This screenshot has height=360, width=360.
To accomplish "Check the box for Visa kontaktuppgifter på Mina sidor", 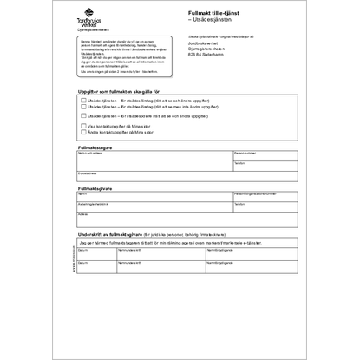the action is point(82,126).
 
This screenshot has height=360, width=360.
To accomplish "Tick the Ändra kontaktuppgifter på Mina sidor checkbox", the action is point(82,132).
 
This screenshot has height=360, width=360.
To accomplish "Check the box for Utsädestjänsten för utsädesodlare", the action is point(82,115).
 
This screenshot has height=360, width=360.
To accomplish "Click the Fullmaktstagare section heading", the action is point(95,147).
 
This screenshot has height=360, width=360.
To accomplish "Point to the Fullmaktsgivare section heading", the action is point(95,187).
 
